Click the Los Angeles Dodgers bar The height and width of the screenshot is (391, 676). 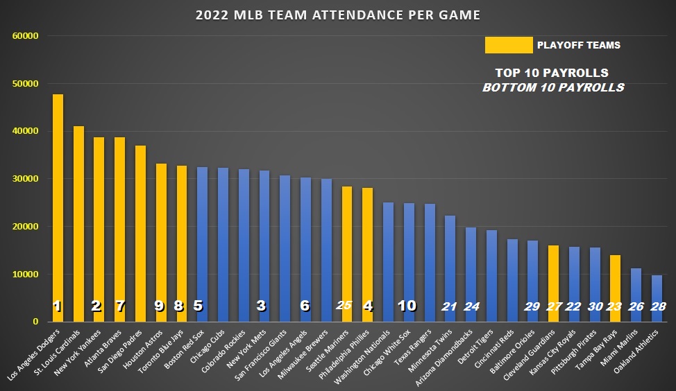tap(58, 208)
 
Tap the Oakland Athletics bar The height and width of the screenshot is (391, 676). tap(657, 298)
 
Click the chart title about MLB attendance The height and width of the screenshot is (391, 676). tap(337, 15)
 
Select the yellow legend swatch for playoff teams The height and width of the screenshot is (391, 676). tap(508, 45)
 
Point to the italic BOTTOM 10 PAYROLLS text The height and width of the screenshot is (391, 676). tap(552, 88)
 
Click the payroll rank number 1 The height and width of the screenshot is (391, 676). tap(58, 306)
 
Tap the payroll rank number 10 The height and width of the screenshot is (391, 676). tap(407, 306)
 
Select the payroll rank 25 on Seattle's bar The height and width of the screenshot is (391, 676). tap(344, 306)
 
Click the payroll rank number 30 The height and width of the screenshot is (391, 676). tap(595, 306)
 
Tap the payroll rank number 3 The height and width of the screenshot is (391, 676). tap(262, 306)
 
